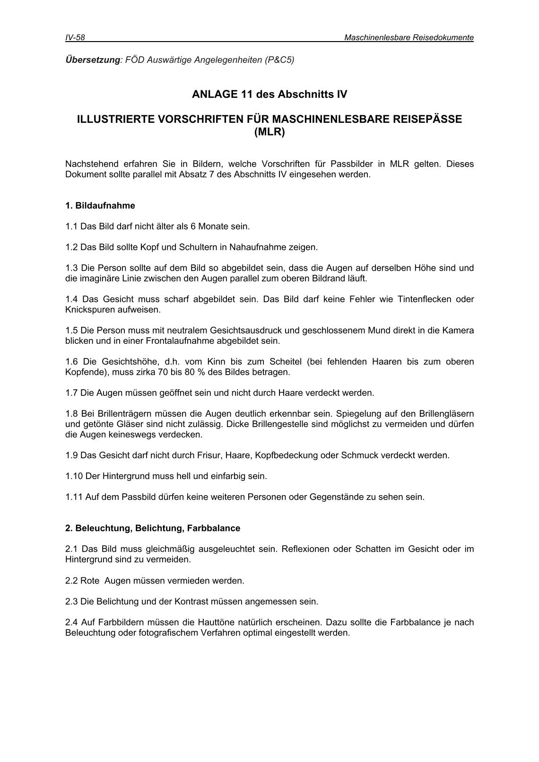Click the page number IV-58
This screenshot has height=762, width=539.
(75, 38)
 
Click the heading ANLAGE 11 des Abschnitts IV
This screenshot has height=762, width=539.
(269, 94)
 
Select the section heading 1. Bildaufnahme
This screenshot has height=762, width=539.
(100, 205)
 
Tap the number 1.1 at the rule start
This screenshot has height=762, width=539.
(71, 226)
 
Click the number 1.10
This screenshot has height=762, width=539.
(73, 476)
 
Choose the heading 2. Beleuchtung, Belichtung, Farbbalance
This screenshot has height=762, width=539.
(153, 528)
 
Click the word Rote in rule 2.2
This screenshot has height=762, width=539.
(90, 581)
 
